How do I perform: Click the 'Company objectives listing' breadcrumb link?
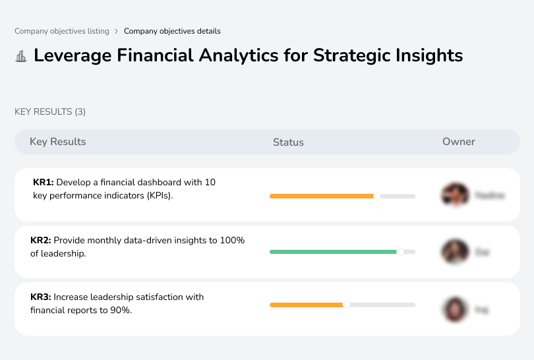(62, 31)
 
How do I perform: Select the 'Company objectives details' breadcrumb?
(172, 31)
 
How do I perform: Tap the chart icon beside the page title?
(21, 56)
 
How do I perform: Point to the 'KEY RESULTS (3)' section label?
(50, 112)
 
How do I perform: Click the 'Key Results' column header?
(58, 142)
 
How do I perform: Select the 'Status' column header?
(288, 142)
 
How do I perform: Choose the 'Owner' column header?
(459, 142)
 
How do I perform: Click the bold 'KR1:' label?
(43, 182)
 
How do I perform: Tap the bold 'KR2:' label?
(41, 241)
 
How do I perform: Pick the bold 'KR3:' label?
(41, 297)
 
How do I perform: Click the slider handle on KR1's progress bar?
(377, 196)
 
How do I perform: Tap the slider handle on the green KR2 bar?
(400, 252)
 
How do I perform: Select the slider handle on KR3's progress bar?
(346, 305)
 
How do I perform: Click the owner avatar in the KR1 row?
(454, 195)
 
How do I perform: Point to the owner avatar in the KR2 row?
(454, 252)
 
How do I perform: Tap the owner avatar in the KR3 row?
(454, 309)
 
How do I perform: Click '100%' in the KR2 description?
(233, 241)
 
